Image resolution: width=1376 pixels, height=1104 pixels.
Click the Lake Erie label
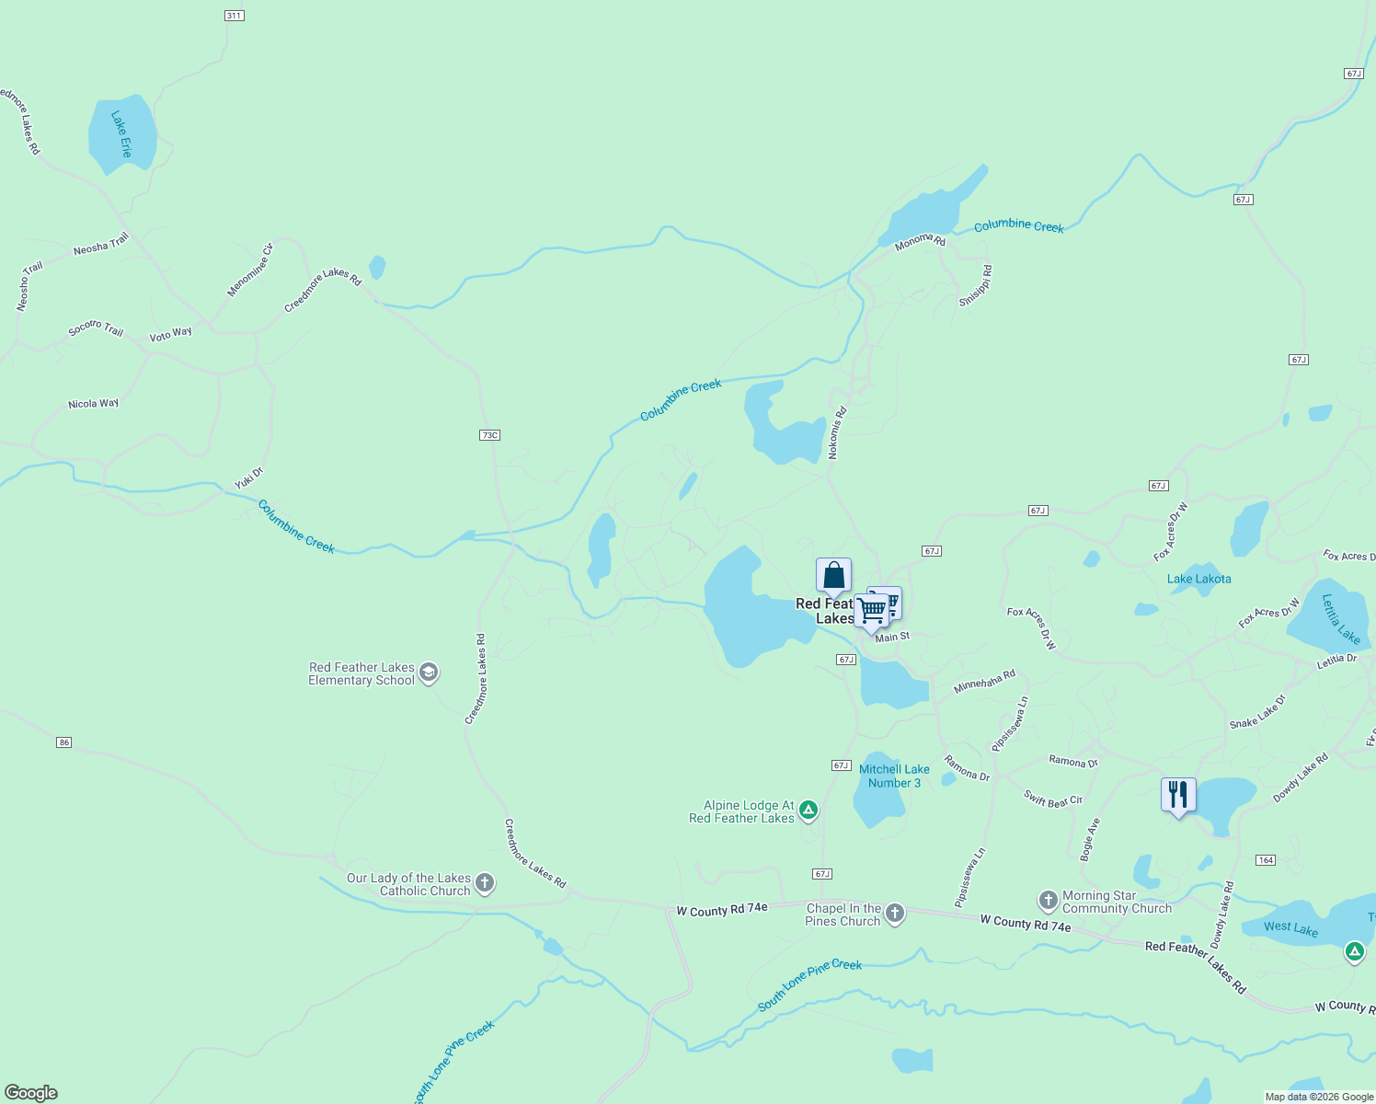121,134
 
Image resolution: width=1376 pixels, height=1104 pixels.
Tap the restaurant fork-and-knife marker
1178,795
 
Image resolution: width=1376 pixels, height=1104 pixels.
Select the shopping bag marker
833,576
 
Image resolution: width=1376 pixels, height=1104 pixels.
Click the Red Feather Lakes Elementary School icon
428,673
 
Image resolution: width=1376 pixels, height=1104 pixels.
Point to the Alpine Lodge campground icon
808,811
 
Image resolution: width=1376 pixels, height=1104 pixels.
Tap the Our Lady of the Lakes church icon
485,884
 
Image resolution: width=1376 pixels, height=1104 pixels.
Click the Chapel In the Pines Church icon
895,914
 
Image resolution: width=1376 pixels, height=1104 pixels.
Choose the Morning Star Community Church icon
1048,901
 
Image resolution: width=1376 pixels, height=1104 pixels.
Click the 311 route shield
234,16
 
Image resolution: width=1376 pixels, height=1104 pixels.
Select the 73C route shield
489,435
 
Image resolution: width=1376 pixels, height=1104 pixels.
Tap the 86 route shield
63,742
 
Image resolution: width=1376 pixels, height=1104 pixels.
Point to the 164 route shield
1266,860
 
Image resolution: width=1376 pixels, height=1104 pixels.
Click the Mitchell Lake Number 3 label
894,776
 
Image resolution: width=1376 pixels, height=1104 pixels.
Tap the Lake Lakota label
1198,579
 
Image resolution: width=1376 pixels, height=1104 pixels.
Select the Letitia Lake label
1340,618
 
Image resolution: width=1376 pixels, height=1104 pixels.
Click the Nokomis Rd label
837,433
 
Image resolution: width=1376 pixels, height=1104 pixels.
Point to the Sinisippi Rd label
976,286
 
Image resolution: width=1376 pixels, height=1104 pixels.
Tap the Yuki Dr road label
248,478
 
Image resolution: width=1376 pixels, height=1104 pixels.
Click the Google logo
31,1093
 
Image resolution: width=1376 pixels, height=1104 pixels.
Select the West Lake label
1290,928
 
